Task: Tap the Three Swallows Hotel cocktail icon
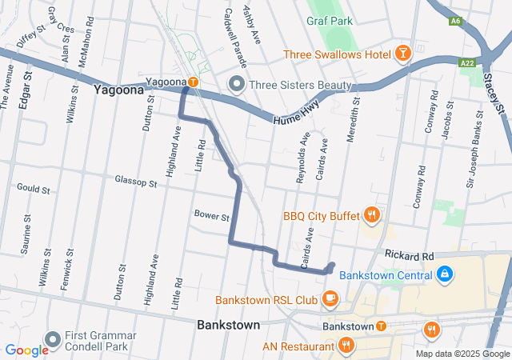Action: pos(402,54)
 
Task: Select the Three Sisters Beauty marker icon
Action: pos(236,84)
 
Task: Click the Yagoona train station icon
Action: pos(193,82)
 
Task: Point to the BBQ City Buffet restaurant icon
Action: pos(371,214)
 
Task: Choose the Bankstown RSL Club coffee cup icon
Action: pos(330,299)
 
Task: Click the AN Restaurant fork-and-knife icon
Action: pos(346,346)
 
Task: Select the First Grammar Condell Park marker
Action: pos(54,341)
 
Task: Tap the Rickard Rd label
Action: pos(408,255)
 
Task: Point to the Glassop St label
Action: pos(135,182)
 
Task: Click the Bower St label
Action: pos(211,216)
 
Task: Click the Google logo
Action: pos(26,350)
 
